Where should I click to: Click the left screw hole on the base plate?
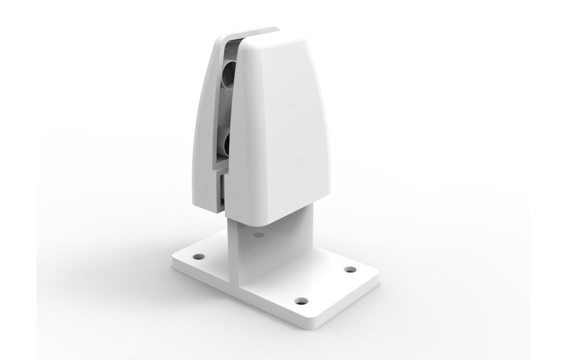tap(199, 257)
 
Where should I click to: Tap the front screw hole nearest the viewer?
tap(301, 300)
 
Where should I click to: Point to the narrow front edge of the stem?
tap(231, 252)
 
